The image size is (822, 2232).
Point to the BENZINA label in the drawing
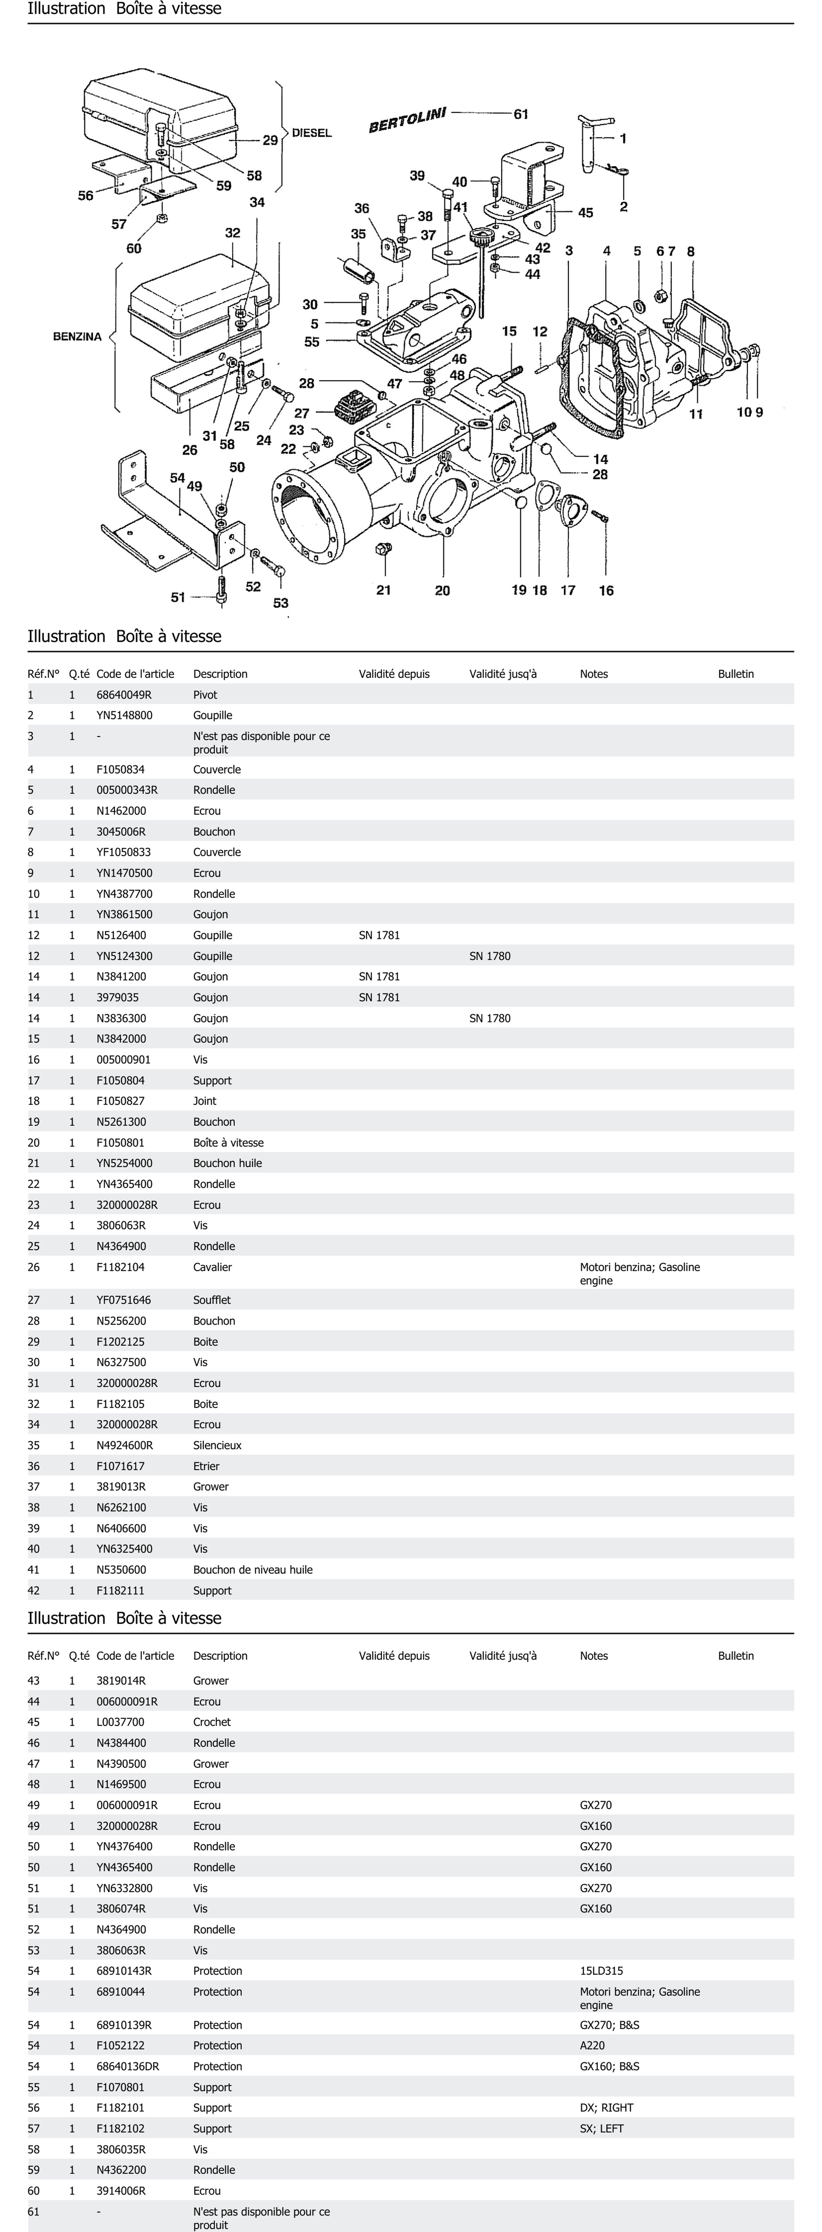point(77,336)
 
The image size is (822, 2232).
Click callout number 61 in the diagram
point(521,113)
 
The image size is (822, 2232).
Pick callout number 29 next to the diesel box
point(270,140)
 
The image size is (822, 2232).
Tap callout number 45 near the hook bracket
point(586,212)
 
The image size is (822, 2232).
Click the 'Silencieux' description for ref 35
point(217,1445)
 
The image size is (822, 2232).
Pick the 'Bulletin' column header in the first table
point(735,674)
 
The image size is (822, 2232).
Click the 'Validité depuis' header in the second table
point(394,1656)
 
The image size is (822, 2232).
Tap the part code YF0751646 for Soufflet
point(123,1300)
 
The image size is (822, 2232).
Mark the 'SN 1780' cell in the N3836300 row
point(489,1018)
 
